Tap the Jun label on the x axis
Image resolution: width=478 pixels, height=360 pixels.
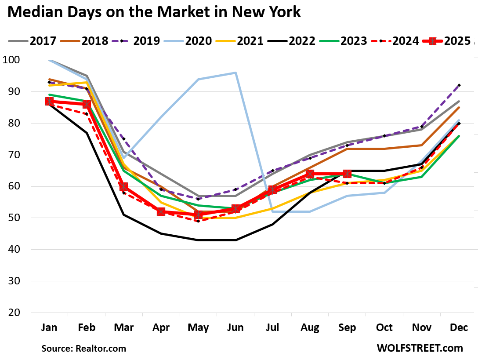click(x=235, y=328)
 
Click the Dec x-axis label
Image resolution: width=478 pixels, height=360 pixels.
click(x=459, y=328)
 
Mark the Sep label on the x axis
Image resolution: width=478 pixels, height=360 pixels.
click(x=347, y=328)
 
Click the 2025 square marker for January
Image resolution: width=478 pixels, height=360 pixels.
click(x=49, y=102)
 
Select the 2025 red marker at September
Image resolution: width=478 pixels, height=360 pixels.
click(x=347, y=174)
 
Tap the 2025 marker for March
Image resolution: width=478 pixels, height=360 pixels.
click(x=124, y=186)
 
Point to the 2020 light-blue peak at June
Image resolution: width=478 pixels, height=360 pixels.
click(x=235, y=73)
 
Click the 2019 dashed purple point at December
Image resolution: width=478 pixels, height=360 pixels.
click(x=459, y=85)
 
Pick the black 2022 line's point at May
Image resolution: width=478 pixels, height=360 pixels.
click(x=198, y=240)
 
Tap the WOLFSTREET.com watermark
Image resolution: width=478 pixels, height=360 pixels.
click(x=420, y=348)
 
